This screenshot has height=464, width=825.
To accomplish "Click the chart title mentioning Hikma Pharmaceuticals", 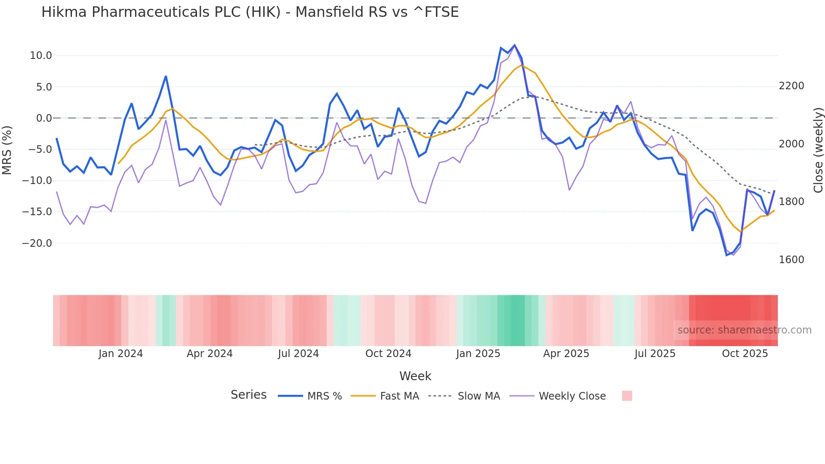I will (x=250, y=12).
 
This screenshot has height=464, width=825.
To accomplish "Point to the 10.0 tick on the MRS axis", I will (x=40, y=56).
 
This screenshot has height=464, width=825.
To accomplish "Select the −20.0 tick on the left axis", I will (x=37, y=243).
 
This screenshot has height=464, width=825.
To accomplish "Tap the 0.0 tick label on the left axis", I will (x=44, y=118).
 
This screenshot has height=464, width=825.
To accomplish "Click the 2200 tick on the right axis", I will (x=791, y=86).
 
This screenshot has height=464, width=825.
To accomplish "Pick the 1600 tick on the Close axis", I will (x=791, y=260).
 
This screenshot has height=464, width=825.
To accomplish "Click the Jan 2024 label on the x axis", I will (x=120, y=354).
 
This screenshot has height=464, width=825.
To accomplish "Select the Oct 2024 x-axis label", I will (x=388, y=354).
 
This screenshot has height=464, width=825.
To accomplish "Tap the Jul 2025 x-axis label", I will (x=655, y=354).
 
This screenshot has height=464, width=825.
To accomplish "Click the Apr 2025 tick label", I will (x=566, y=354).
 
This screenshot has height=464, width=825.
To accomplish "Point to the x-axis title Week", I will (x=415, y=376).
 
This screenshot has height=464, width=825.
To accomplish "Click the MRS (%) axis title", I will (x=7, y=150).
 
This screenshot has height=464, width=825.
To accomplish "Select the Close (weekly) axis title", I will (x=818, y=150).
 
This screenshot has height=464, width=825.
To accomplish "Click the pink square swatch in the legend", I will (x=627, y=396).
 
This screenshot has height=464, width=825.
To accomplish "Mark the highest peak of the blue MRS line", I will (x=514, y=45).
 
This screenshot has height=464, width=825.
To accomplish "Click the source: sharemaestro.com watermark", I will (x=744, y=330).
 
